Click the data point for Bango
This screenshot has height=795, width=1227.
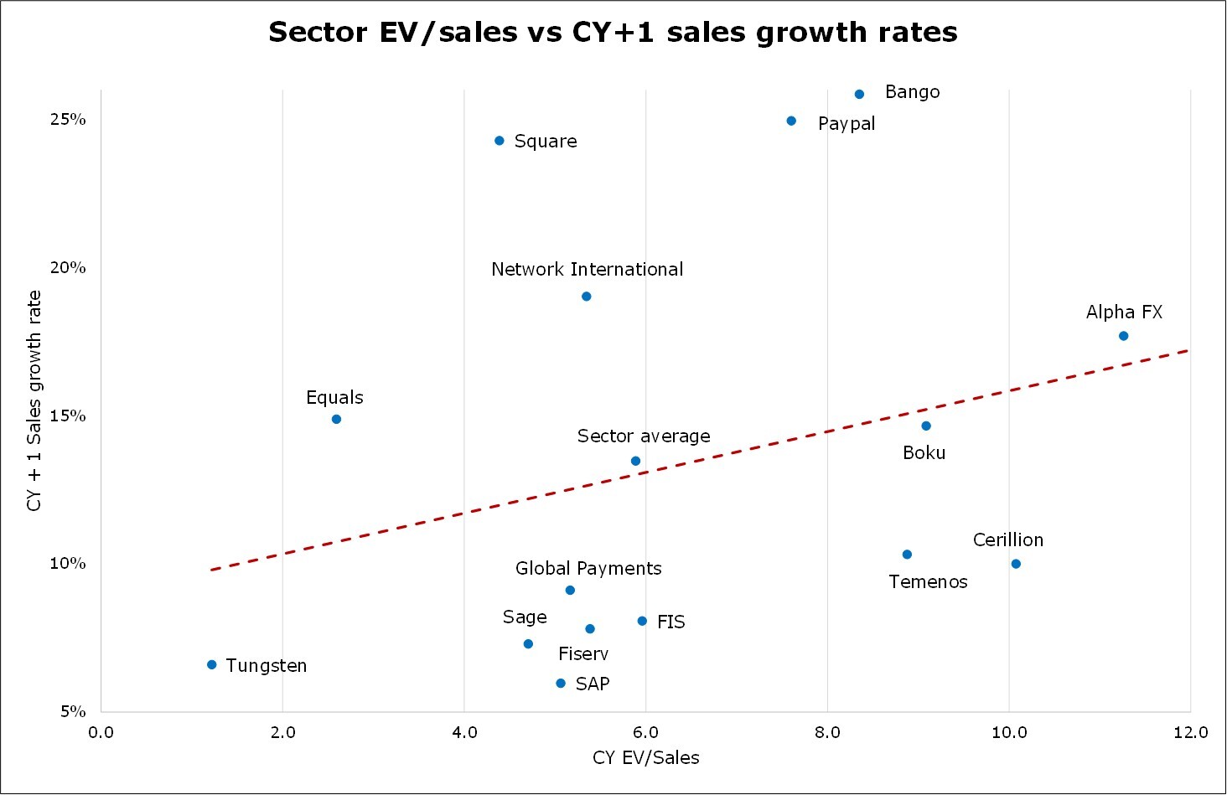[859, 95]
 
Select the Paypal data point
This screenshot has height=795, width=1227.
[791, 121]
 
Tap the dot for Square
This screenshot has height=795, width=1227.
[500, 141]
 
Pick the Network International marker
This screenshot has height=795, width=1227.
[587, 297]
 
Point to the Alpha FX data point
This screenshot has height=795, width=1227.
[1124, 336]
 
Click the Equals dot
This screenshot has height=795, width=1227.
[336, 419]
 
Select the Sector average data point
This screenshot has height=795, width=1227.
[635, 461]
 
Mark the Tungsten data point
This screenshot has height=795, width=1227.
[212, 664]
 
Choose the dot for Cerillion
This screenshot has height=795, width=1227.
[1016, 564]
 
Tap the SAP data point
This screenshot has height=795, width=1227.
[561, 684]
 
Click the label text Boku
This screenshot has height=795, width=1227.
[924, 453]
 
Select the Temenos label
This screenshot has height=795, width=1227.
[928, 582]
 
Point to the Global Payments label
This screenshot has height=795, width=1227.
[588, 569]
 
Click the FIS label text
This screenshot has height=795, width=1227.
[670, 622]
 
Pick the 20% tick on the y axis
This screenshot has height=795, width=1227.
[68, 268]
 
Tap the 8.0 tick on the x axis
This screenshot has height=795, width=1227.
[827, 733]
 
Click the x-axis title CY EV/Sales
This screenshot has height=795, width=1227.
[645, 758]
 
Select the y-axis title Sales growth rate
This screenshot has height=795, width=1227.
[34, 400]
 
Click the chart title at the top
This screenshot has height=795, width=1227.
[613, 33]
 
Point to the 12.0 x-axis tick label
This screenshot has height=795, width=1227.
[1190, 733]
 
